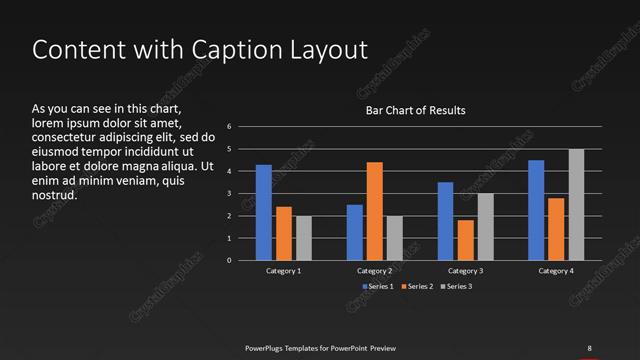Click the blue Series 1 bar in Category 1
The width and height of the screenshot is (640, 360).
tap(264, 212)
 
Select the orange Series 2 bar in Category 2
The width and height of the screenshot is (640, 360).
tap(374, 211)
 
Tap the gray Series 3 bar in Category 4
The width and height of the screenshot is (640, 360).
tap(576, 205)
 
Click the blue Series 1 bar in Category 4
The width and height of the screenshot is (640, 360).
tap(536, 210)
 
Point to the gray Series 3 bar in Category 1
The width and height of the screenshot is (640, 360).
tap(304, 238)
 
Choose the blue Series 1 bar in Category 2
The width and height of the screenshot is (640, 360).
tap(354, 232)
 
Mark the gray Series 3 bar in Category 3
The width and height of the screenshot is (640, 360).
tap(485, 227)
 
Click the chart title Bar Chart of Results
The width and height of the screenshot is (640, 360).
tap(415, 110)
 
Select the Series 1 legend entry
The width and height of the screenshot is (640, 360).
tap(377, 287)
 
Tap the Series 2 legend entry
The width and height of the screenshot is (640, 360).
tap(417, 287)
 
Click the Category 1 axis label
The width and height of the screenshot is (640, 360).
tap(284, 271)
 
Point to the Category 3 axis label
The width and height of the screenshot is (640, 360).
tap(465, 271)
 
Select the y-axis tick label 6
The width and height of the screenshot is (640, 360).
tap(230, 127)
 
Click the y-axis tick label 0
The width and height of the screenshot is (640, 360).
tap(230, 260)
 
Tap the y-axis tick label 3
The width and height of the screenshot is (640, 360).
tap(230, 194)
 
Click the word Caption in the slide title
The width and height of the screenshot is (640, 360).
tap(218, 50)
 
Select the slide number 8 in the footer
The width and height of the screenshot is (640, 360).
tap(588, 347)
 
